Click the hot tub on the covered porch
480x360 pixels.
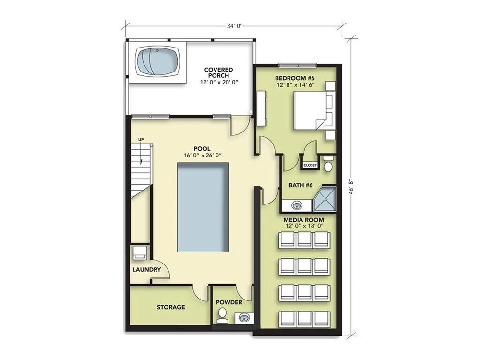pyautogui.click(x=157, y=61)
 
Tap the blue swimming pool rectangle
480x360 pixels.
pyautogui.click(x=203, y=207)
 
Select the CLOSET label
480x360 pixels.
pyautogui.click(x=310, y=165)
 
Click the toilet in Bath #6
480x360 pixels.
pyautogui.click(x=328, y=164)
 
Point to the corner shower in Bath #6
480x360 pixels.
pyautogui.click(x=325, y=199)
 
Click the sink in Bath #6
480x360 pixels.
pyautogui.click(x=296, y=205)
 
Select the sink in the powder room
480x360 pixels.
pyautogui.click(x=244, y=317)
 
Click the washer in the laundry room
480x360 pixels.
pyautogui.click(x=140, y=253)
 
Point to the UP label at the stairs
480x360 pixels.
pyautogui.click(x=141, y=140)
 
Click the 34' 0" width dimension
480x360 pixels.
pyautogui.click(x=235, y=26)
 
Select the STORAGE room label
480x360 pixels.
pyautogui.click(x=171, y=307)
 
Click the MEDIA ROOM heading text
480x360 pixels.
pyautogui.click(x=303, y=220)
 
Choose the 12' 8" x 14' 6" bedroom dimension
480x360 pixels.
pyautogui.click(x=296, y=84)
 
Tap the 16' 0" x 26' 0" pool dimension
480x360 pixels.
pyautogui.click(x=203, y=155)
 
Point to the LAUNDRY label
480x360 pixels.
pyautogui.click(x=146, y=270)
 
